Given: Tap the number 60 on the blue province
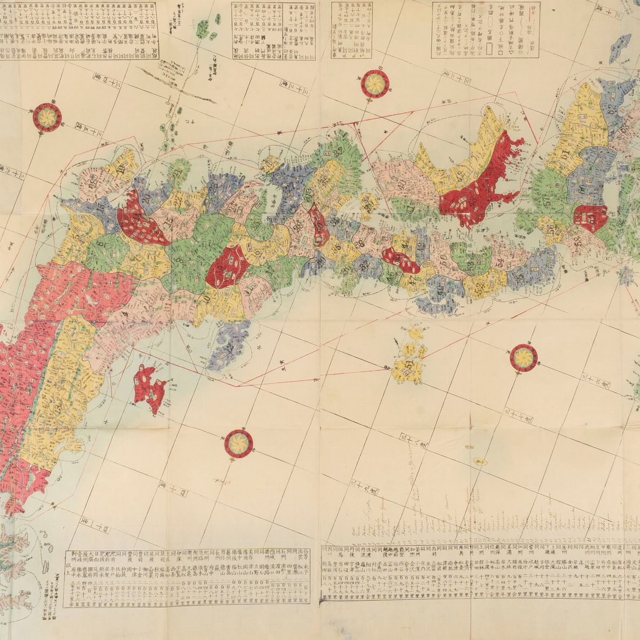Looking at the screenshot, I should tap(581, 187).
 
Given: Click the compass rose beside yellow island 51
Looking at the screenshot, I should tap(521, 356).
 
